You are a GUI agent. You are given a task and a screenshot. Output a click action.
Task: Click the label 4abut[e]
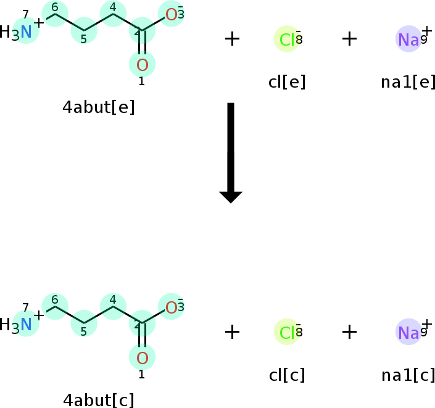(x=99, y=107)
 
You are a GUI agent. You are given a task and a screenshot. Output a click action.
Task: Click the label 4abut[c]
(x=99, y=400)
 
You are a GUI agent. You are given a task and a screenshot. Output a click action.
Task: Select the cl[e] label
(x=287, y=81)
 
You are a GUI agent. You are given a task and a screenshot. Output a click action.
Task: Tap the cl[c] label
(x=287, y=375)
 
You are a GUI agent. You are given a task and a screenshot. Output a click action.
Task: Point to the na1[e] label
(x=408, y=81)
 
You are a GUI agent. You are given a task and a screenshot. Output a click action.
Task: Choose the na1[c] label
(x=408, y=375)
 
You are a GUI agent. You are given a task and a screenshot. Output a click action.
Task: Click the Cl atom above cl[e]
(x=287, y=40)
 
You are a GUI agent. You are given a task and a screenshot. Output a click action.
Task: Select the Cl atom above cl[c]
(x=287, y=333)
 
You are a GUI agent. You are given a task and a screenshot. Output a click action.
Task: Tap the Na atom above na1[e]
(x=408, y=40)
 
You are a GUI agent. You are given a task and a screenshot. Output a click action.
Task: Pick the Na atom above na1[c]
(x=408, y=333)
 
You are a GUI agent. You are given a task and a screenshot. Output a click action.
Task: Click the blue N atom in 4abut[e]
(x=26, y=32)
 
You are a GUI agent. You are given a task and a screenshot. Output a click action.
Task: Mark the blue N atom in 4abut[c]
(x=26, y=325)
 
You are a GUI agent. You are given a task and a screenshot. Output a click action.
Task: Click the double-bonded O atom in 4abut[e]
(x=143, y=64)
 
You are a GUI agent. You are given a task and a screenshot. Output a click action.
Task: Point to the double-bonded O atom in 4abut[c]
(x=143, y=357)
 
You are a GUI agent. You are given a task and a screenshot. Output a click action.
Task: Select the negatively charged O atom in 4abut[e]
(x=171, y=14)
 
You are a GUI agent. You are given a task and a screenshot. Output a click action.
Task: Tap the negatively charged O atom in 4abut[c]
(x=171, y=307)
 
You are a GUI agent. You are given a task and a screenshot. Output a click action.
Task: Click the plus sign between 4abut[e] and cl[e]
(x=232, y=39)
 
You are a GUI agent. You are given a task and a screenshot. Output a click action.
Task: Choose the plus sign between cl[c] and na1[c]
(x=350, y=332)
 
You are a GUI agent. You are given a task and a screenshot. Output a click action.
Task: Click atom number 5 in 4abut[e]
(x=84, y=31)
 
